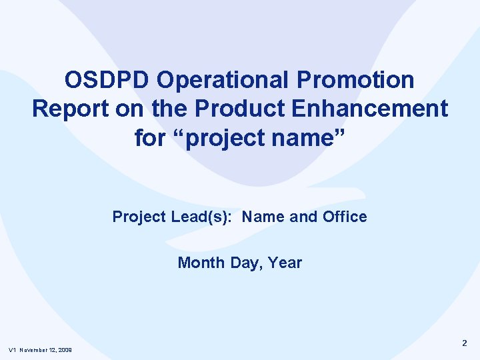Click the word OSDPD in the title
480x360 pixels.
(108, 80)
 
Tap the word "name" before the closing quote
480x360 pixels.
(307, 138)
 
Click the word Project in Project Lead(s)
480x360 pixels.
(137, 217)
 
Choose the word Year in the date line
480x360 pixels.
(286, 263)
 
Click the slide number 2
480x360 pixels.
(465, 343)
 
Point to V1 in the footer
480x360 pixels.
(12, 351)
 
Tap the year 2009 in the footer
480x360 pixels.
(65, 351)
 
